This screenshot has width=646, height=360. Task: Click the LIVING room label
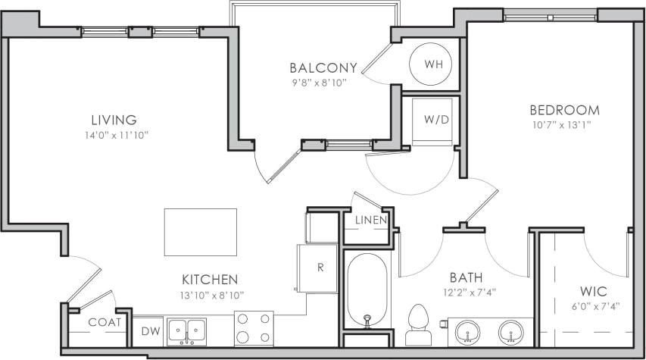(114, 120)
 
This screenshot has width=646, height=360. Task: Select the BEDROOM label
(564, 110)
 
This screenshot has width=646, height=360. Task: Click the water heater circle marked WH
(433, 64)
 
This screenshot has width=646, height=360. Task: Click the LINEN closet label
(371, 220)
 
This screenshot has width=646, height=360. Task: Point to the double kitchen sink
(186, 331)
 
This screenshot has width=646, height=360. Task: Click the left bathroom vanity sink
(467, 331)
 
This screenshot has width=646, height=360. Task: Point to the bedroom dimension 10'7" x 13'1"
(564, 125)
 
